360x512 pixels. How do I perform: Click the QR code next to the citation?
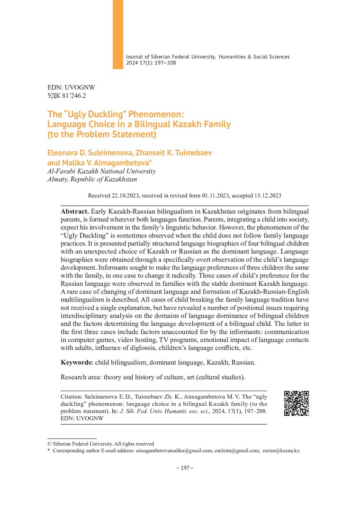point(297,403)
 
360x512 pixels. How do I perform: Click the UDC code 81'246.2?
point(67,96)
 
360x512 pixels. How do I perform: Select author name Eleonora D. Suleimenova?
point(93,154)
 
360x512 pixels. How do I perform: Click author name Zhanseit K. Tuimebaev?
point(182,154)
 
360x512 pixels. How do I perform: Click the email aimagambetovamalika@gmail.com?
point(174,451)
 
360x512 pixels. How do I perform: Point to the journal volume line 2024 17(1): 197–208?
point(151,63)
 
